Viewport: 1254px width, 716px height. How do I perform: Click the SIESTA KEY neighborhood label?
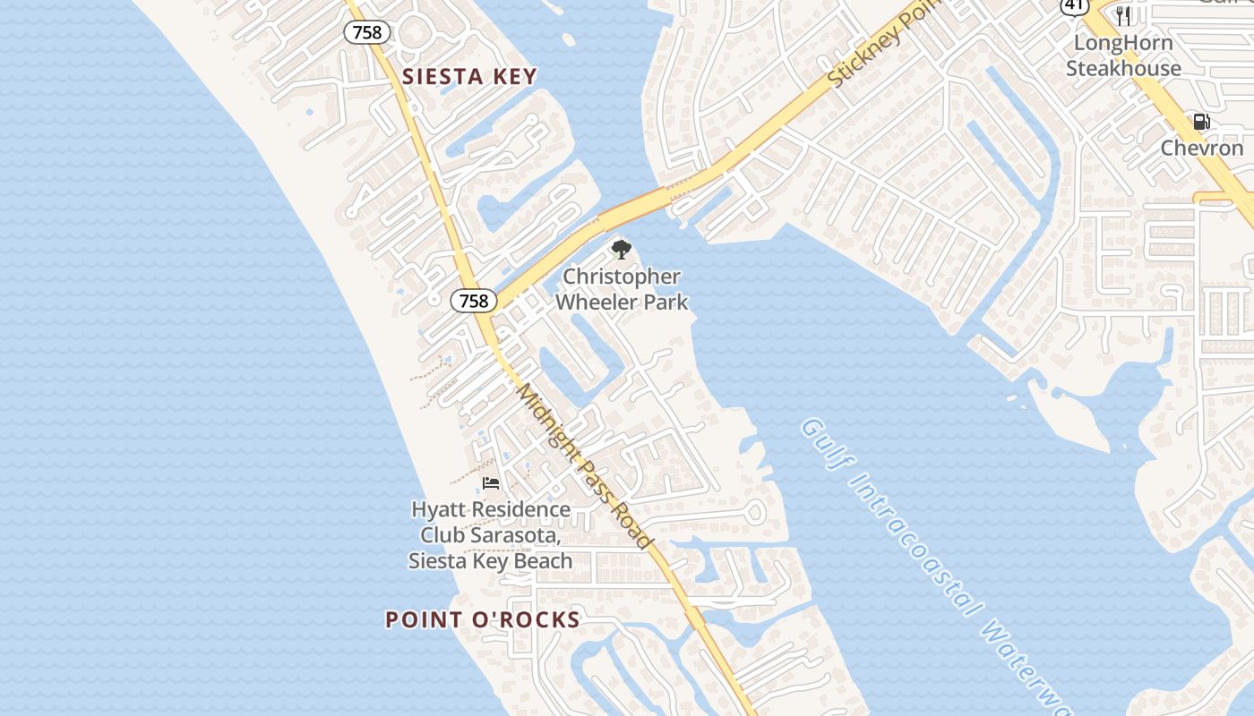pos(469,77)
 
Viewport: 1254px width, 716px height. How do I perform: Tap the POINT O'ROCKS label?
pos(483,619)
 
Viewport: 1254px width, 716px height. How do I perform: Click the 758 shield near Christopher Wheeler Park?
pos(473,301)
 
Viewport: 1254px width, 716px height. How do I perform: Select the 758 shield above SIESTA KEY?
pos(366,32)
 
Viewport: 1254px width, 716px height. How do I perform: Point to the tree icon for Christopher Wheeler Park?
pos(621,250)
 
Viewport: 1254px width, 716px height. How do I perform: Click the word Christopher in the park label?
pos(621,277)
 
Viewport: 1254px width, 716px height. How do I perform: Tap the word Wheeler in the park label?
pos(597,302)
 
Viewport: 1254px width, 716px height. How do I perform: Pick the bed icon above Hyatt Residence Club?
pos(490,483)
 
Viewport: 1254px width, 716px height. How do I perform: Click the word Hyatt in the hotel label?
pos(439,509)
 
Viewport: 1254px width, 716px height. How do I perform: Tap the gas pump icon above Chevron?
pos(1201,122)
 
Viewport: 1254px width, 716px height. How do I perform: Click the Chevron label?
pos(1202,148)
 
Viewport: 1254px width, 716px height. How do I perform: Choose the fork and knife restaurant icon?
pos(1123,16)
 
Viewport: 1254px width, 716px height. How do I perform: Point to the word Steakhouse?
pos(1123,68)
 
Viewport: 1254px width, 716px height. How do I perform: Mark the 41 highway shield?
pos(1074,4)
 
